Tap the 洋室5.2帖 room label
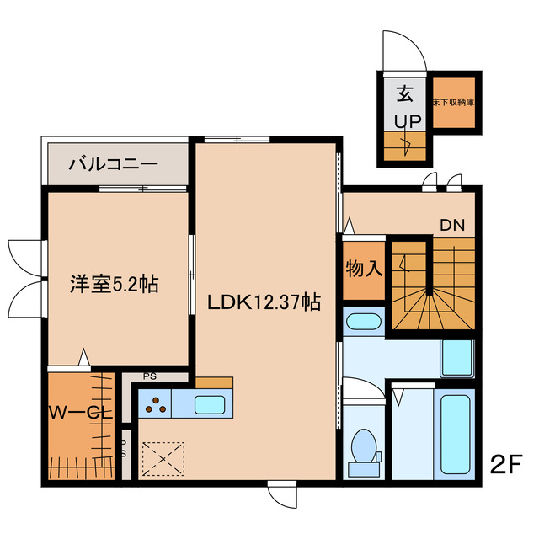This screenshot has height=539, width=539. (113, 285)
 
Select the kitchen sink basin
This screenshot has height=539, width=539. (207, 404)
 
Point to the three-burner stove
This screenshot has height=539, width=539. (155, 405)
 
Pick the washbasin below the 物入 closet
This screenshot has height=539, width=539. (364, 323)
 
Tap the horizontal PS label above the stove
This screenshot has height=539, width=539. (148, 377)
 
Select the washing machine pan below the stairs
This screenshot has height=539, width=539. (461, 358)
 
